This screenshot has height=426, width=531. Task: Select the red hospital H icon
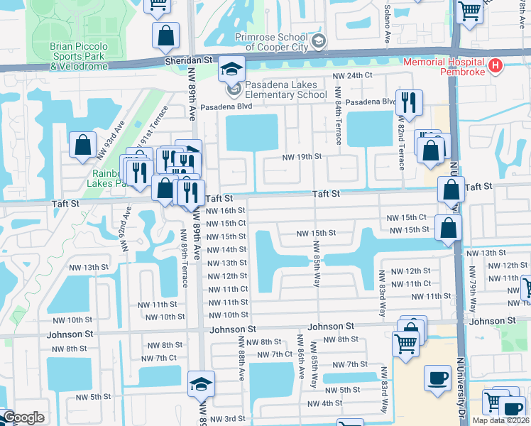(496, 67)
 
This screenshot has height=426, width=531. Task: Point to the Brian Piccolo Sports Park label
(79, 55)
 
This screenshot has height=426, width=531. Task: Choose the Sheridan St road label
(190, 62)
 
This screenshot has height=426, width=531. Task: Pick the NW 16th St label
(226, 211)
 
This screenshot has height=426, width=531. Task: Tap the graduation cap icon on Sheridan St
(231, 69)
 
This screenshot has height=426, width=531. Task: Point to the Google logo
(23, 417)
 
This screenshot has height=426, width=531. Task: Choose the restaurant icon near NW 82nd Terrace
(409, 103)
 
